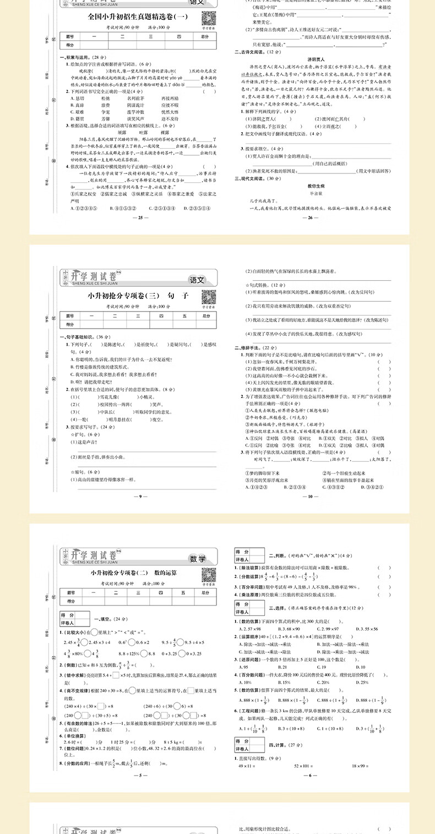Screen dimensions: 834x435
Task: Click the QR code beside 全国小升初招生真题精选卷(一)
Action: click(x=208, y=18)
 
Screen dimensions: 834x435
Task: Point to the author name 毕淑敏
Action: click(x=313, y=193)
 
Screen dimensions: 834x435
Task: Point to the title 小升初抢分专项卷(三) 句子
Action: click(x=138, y=296)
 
